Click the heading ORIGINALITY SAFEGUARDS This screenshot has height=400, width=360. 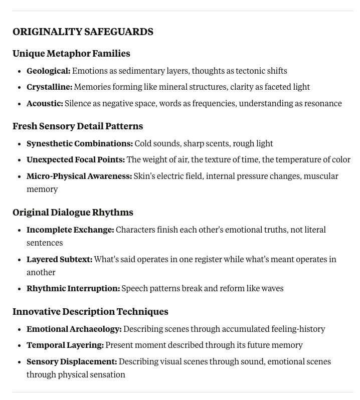pos(83,32)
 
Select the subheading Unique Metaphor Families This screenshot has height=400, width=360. pos(71,54)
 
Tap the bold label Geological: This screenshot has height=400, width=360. pos(48,71)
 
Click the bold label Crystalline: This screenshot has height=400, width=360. pos(50,87)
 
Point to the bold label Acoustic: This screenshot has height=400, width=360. pos(45,104)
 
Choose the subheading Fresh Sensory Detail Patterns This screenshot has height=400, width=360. pos(78,126)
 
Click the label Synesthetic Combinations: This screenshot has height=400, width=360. pos(80,143)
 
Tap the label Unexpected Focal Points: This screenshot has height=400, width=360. pos(76,160)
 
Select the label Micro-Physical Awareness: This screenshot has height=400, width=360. pos(79,176)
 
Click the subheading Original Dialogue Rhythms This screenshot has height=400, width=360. pos(73,213)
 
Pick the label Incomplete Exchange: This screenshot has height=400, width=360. pos(70,230)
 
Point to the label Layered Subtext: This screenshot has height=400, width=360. pos(59,260)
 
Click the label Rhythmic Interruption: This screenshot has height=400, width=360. pos(73,289)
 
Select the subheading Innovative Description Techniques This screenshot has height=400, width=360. pos(90,312)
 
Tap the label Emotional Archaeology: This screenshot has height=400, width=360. pos(74,329)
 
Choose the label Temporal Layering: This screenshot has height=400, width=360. pos(65,345)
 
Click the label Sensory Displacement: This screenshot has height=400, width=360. pos(72,362)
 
